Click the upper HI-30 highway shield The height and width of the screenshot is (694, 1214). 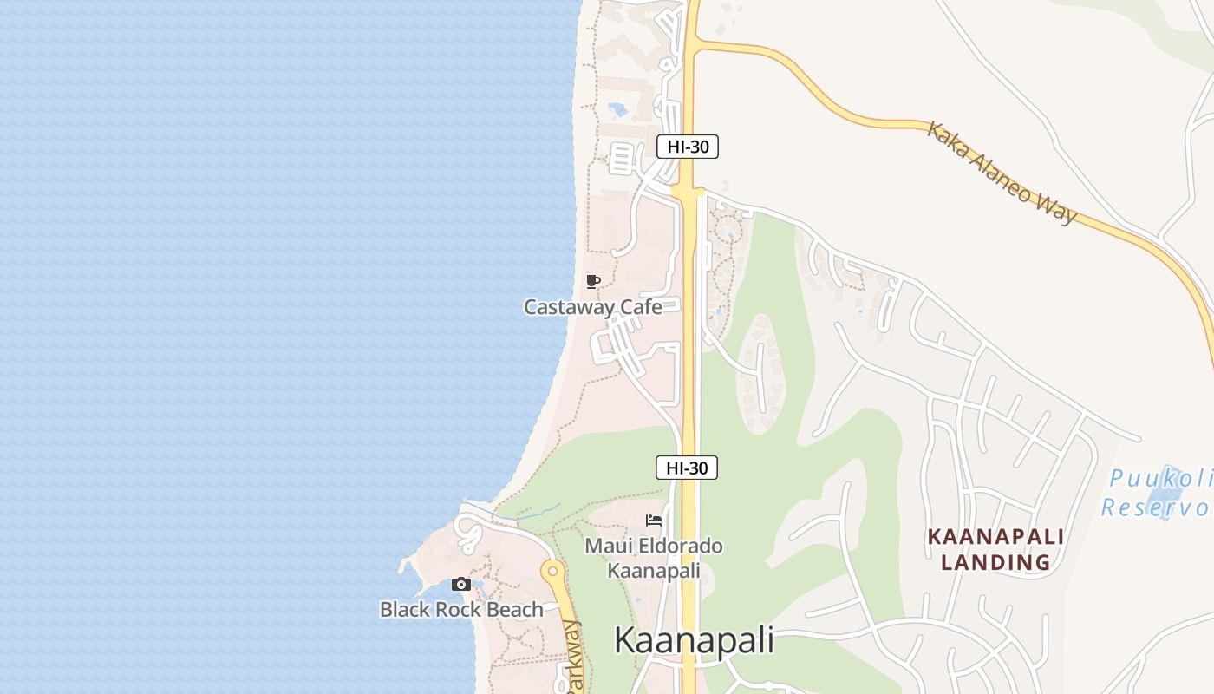pyautogui.click(x=688, y=147)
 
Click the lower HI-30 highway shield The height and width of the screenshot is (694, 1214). pyautogui.click(x=687, y=468)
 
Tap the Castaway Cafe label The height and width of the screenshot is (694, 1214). pyautogui.click(x=593, y=306)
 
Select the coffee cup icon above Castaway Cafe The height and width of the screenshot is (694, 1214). pyautogui.click(x=593, y=281)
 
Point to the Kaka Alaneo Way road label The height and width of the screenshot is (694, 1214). pyautogui.click(x=1002, y=173)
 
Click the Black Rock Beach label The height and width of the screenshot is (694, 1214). pyautogui.click(x=461, y=609)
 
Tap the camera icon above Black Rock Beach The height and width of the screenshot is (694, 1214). pyautogui.click(x=461, y=585)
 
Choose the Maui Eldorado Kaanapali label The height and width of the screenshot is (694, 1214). pyautogui.click(x=654, y=558)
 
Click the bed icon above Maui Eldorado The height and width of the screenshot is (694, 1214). pyautogui.click(x=654, y=520)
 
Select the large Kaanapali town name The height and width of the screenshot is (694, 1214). pyautogui.click(x=694, y=640)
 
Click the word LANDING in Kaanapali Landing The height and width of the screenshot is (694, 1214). pyautogui.click(x=995, y=562)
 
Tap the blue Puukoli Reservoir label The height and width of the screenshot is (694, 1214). pyautogui.click(x=1159, y=493)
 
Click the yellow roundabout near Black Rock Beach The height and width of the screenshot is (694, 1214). pyautogui.click(x=552, y=571)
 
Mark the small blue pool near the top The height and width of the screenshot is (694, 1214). pyautogui.click(x=618, y=110)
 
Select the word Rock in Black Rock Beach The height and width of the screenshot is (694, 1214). pyautogui.click(x=459, y=609)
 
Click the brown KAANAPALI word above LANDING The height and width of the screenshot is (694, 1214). pyautogui.click(x=995, y=537)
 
